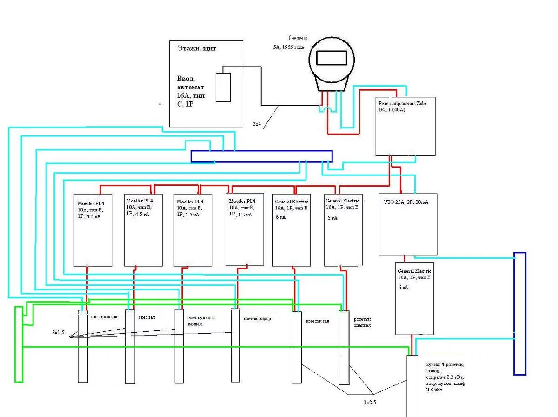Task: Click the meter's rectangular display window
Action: coord(332,58)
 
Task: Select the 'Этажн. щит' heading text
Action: coord(197,48)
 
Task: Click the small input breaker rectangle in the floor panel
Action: coord(223,87)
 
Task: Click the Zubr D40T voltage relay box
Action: coord(405,126)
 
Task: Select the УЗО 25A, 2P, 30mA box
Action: coord(408,224)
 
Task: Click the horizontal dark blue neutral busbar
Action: coord(261,156)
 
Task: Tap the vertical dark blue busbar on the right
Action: coord(520,313)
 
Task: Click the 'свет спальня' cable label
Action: coord(104,317)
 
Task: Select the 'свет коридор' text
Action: coord(257,319)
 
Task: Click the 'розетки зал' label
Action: coord(317,321)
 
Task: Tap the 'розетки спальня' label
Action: coord(362,323)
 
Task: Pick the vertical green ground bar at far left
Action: coord(18,344)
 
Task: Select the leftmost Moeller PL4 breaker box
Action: coord(93,230)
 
